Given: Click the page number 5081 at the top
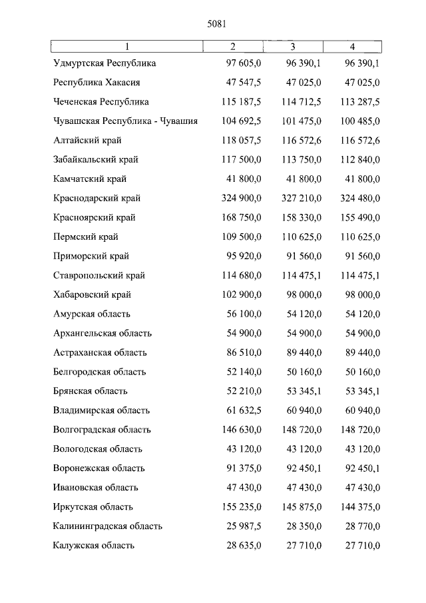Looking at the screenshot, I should click(217, 24).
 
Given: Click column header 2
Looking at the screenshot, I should click(232, 46).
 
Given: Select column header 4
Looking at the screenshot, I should click(353, 46).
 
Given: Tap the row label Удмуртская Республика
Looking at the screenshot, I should click(105, 63).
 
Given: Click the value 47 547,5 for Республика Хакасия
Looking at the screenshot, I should click(240, 83).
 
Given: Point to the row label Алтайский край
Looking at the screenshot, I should click(87, 141).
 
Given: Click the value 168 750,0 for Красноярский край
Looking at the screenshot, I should click(240, 218).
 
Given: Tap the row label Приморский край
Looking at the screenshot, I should click(91, 257).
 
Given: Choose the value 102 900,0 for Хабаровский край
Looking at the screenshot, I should click(240, 295).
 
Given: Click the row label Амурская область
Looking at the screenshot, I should click(92, 314).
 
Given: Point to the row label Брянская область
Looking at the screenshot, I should click(91, 391).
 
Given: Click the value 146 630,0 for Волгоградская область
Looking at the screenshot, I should click(240, 430).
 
